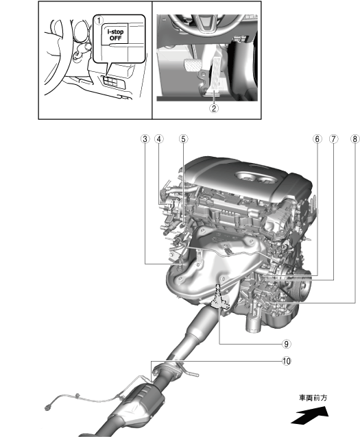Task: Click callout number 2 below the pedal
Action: click(214, 108)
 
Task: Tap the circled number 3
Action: click(145, 139)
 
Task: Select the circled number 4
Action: click(159, 139)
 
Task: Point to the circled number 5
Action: click(183, 139)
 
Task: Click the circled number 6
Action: click(317, 139)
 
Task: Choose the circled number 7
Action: click(333, 139)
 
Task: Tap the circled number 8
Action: click(355, 139)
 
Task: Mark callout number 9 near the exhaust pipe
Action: click(287, 344)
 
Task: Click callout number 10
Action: click(287, 361)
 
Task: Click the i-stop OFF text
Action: click(115, 35)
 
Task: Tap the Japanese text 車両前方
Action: click(313, 398)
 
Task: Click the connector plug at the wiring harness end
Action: click(48, 407)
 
